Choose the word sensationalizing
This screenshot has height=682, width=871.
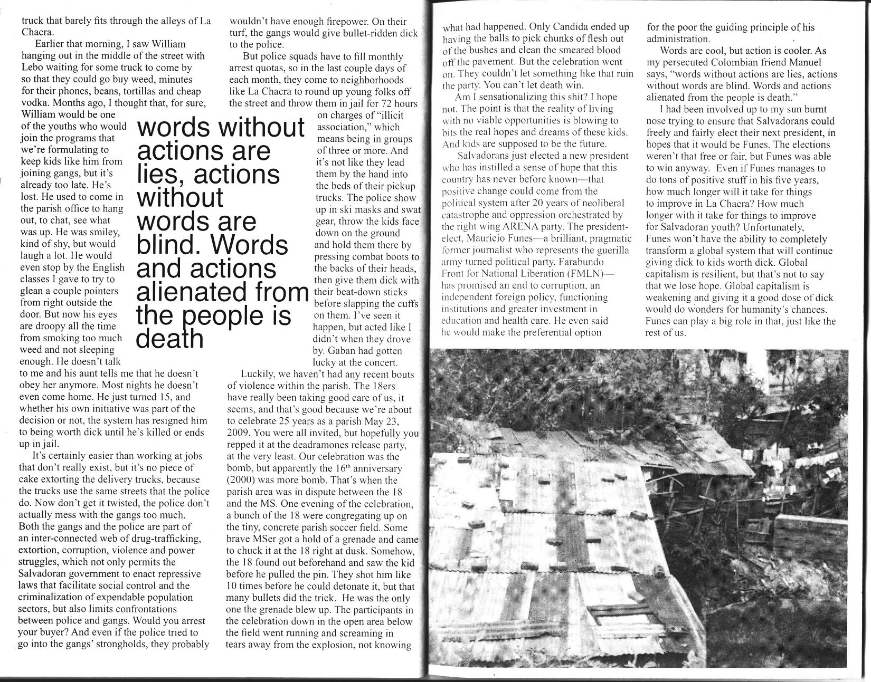507,97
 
